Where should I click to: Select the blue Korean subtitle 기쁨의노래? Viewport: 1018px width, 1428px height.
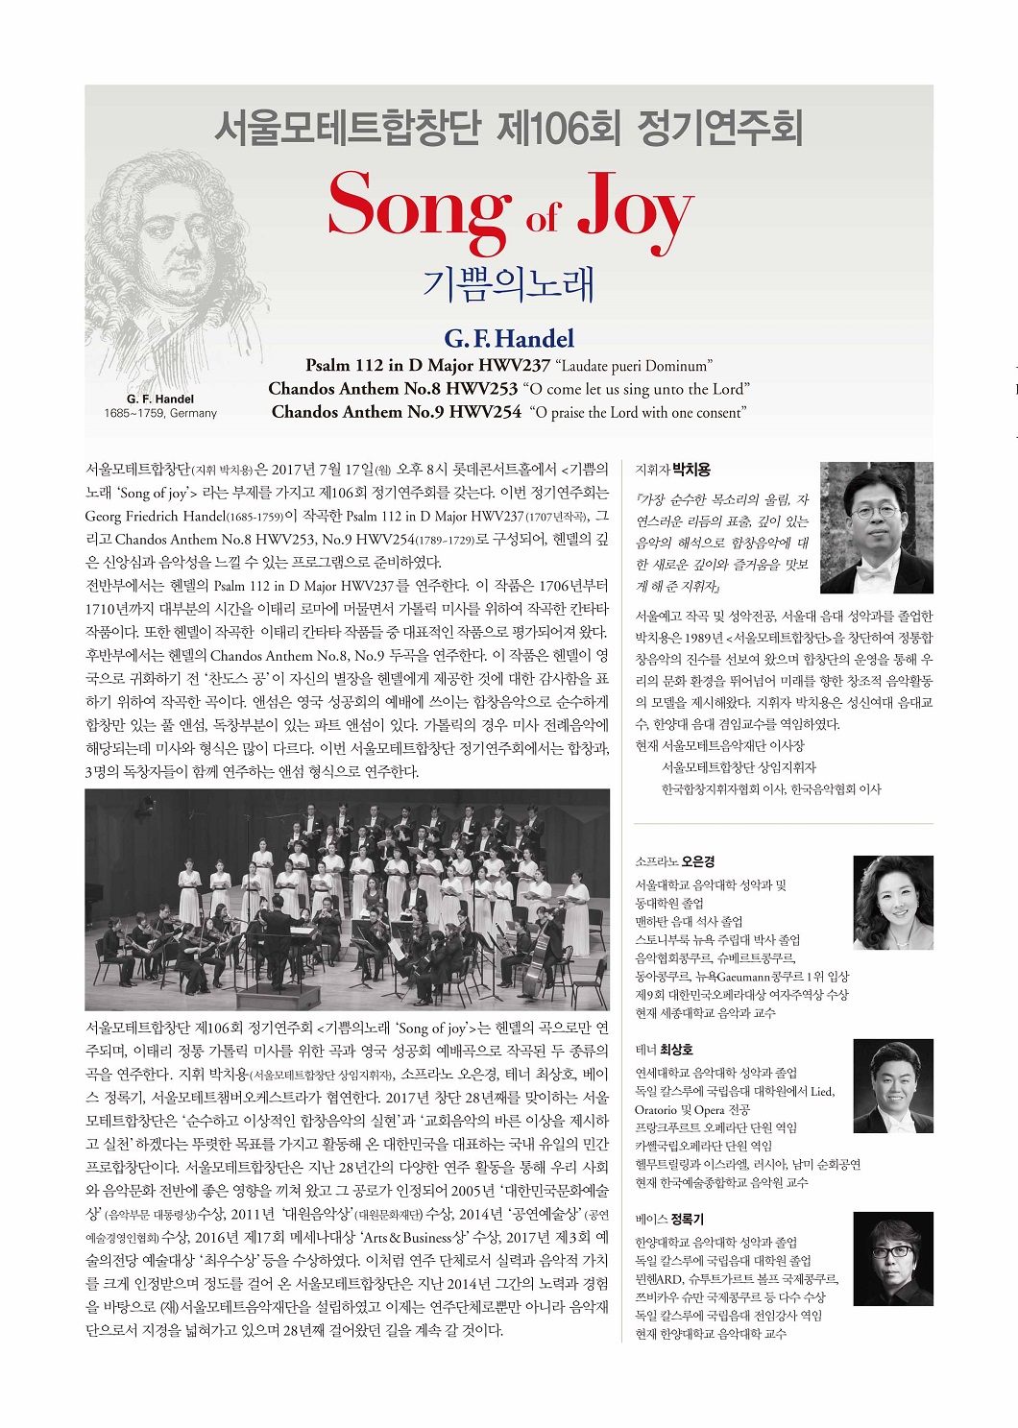pyautogui.click(x=509, y=284)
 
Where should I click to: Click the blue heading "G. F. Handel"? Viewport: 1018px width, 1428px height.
pyautogui.click(x=509, y=339)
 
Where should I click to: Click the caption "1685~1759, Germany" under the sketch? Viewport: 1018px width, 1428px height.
pyautogui.click(x=160, y=413)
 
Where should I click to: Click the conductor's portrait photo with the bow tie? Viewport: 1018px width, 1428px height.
pyautogui.click(x=876, y=528)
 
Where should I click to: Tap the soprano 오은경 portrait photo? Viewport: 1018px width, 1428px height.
pyautogui.click(x=892, y=902)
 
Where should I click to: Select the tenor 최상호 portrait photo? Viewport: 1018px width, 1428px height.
pyautogui.click(x=892, y=1086)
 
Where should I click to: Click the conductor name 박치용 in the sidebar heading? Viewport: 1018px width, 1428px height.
pyautogui.click(x=691, y=470)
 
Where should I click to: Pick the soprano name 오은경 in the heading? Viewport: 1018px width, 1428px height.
pyautogui.click(x=698, y=861)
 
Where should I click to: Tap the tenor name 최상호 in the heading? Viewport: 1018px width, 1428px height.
pyautogui.click(x=676, y=1050)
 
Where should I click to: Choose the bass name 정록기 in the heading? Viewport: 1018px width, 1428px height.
pyautogui.click(x=688, y=1219)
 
